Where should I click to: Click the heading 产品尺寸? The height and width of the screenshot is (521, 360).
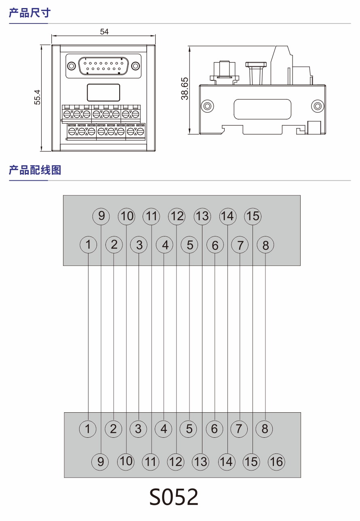tap(29, 13)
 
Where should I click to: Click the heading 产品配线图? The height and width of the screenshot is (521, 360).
tap(35, 170)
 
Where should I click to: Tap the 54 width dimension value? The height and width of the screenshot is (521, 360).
tap(104, 32)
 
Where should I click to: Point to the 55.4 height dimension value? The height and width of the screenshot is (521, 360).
tap(37, 97)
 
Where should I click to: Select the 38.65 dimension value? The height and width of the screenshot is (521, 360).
tap(185, 89)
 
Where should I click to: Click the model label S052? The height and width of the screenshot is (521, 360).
tap(174, 497)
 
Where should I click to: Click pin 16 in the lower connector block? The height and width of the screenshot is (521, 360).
tap(276, 461)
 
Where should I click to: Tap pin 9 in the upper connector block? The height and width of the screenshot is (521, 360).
tap(101, 216)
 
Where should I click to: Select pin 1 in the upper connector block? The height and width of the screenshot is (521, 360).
tap(88, 245)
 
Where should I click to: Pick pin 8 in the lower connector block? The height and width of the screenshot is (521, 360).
tap(265, 429)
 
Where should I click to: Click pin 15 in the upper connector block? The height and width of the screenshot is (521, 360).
tap(253, 216)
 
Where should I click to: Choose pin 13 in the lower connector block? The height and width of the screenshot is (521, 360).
tap(201, 461)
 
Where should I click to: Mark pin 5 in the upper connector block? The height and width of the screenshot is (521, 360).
tap(189, 245)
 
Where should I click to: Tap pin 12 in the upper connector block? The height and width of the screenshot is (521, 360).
tap(177, 216)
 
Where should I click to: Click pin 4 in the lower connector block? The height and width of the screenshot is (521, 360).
tap(164, 429)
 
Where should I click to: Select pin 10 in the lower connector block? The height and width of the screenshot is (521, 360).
tap(126, 461)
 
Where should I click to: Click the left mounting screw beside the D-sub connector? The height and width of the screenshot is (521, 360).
tap(71, 66)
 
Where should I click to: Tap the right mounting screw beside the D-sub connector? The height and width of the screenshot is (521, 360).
tap(136, 66)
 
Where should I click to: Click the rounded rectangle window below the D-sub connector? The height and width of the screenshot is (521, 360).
tap(103, 92)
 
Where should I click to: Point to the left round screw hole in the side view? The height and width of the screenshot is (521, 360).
tap(207, 106)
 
